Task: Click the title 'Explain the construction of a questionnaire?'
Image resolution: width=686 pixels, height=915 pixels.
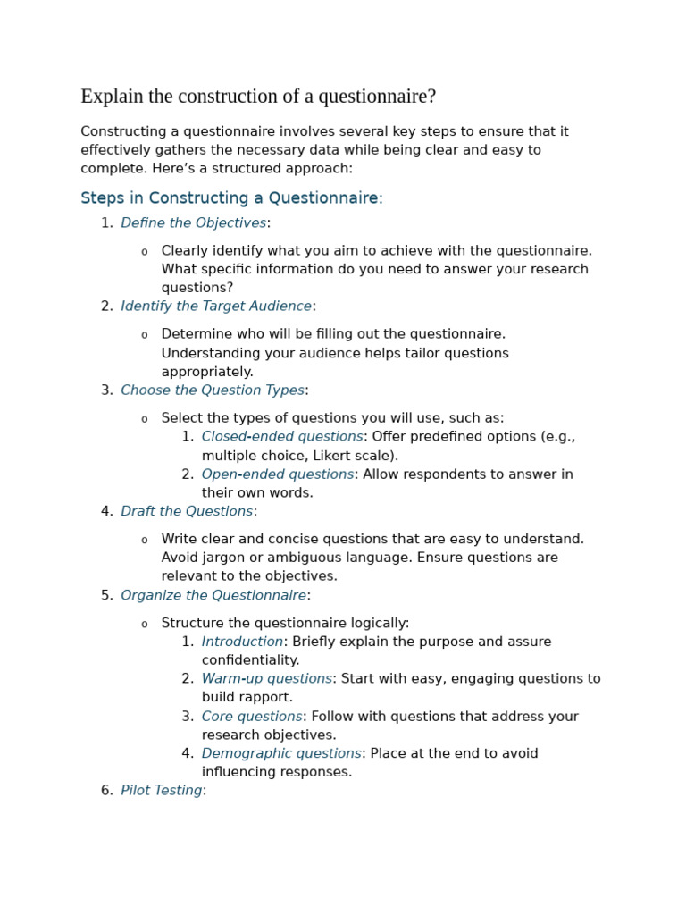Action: click(258, 97)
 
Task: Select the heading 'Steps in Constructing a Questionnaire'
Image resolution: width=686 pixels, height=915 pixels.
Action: click(230, 198)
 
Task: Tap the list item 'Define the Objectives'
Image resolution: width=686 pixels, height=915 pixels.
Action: click(193, 223)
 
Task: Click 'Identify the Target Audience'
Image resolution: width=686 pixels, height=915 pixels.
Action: click(216, 306)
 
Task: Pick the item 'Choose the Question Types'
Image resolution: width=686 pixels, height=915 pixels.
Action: click(213, 390)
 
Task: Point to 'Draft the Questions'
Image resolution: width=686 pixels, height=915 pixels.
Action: click(187, 512)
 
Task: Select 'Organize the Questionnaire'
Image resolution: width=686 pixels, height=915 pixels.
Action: click(213, 596)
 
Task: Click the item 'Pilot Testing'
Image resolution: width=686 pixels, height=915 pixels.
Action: click(161, 791)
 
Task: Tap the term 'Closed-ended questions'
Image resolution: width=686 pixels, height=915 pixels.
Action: click(282, 437)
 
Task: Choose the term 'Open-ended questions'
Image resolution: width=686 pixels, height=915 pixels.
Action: click(278, 474)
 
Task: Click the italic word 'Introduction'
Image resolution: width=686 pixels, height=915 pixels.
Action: click(242, 642)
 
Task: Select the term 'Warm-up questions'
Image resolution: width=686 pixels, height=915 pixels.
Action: click(266, 679)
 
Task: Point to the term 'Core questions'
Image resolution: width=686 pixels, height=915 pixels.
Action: click(252, 717)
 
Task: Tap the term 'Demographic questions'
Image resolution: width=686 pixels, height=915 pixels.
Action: click(281, 754)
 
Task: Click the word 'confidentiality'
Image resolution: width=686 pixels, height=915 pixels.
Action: click(250, 660)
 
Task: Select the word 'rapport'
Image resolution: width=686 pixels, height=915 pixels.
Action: click(268, 698)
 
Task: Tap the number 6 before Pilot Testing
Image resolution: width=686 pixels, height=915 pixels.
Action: click(105, 791)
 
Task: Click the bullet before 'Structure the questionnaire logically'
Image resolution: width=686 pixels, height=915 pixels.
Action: click(145, 625)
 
